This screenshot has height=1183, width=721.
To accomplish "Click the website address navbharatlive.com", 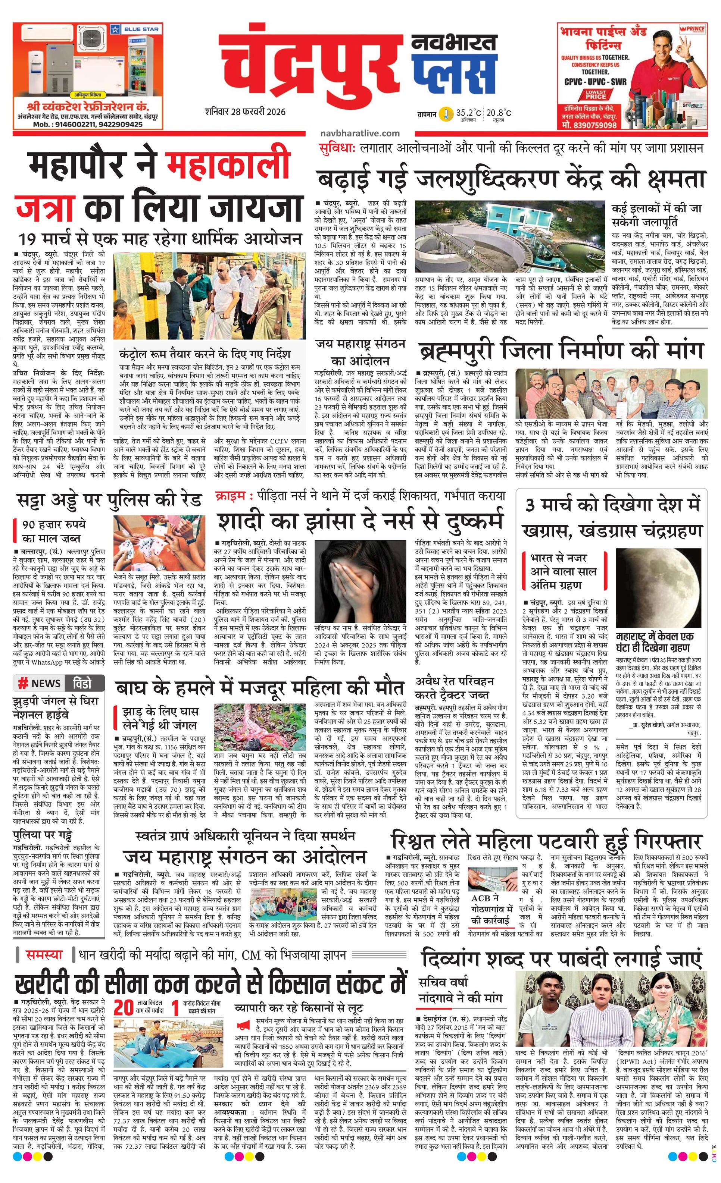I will [359, 134].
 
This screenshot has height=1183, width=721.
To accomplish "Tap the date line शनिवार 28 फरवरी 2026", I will [244, 112].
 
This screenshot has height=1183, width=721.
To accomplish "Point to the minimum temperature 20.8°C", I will [498, 113].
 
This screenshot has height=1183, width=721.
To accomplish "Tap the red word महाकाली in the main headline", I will [228, 165].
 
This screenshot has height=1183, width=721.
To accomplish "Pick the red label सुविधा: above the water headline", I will [337, 148].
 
